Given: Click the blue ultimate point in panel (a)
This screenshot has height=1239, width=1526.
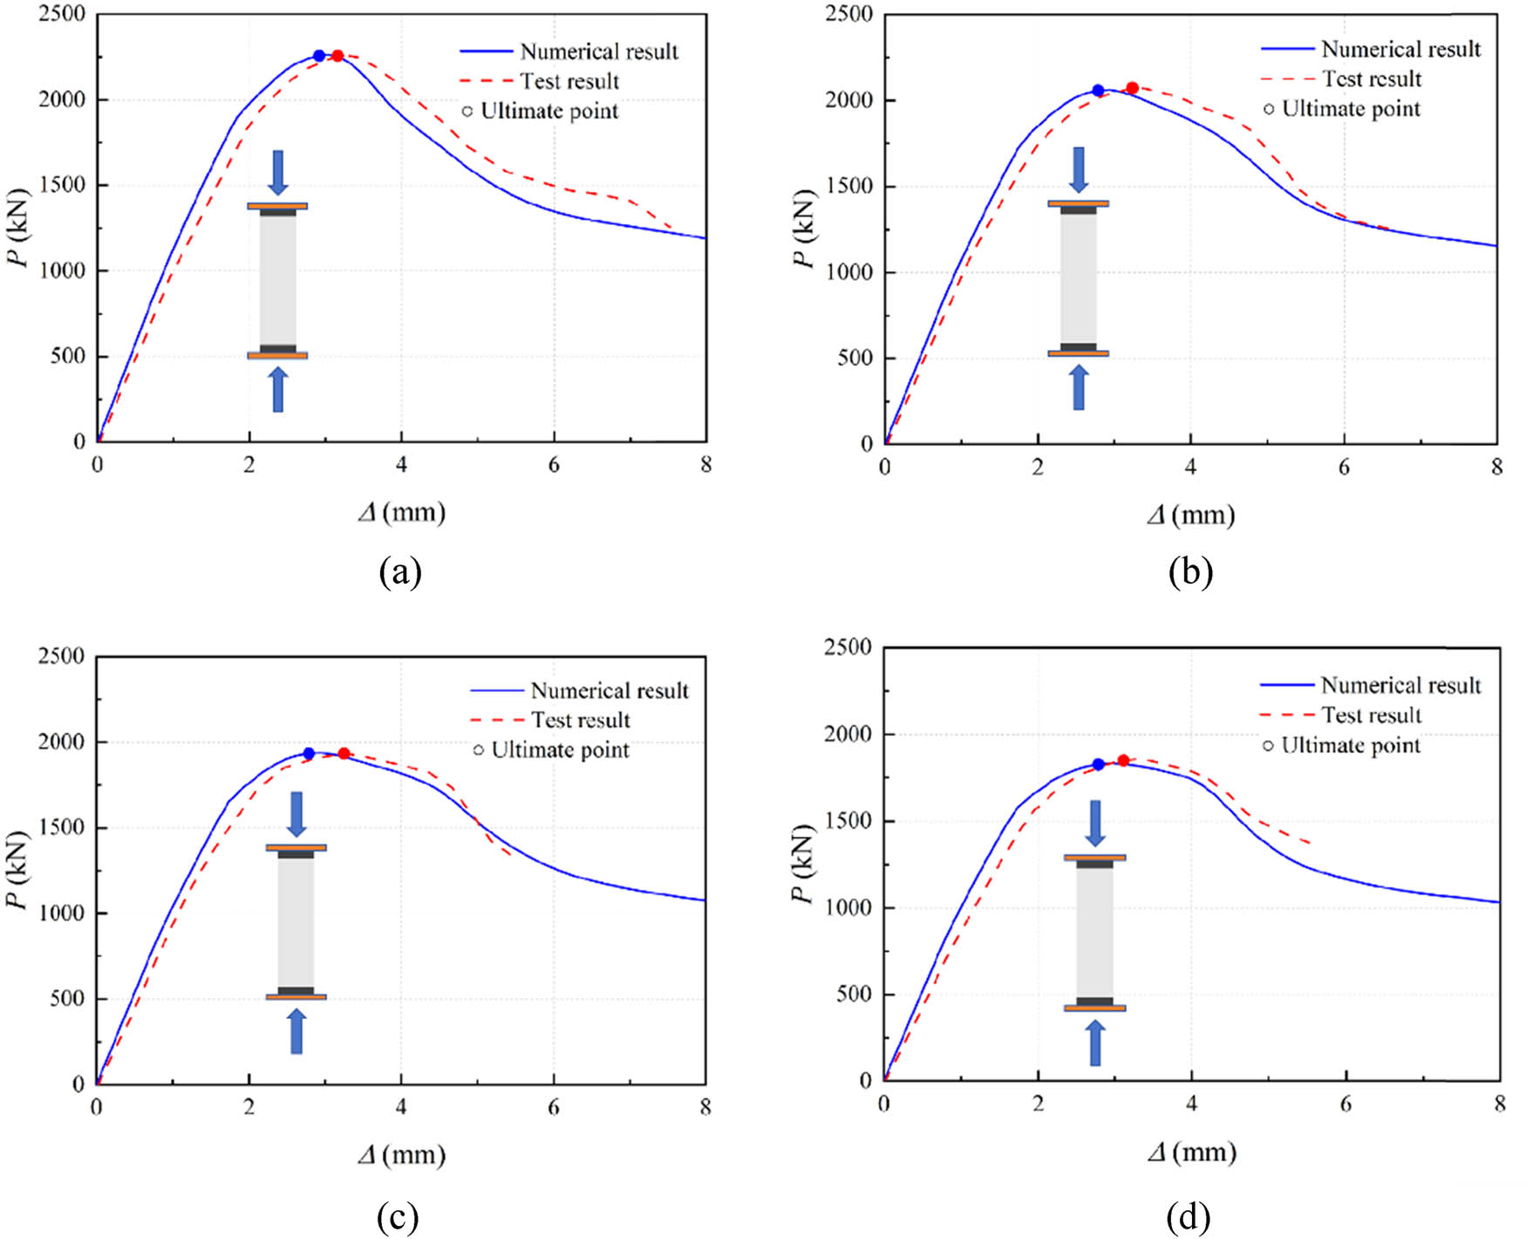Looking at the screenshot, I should click(319, 56).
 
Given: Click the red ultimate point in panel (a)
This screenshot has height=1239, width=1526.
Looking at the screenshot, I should click(337, 56).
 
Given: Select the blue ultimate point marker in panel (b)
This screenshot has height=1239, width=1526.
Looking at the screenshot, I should click(1098, 91).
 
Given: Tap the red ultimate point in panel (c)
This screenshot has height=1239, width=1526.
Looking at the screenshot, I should click(344, 754).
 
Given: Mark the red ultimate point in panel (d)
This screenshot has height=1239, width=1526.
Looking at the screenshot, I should click(1123, 761).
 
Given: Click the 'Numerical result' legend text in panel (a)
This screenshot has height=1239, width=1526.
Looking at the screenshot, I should click(599, 52).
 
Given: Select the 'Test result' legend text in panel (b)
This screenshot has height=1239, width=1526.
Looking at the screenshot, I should click(1372, 79).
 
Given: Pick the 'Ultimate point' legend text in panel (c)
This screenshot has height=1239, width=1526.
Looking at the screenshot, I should click(560, 750).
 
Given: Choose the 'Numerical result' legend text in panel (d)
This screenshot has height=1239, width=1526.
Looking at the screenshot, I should click(1400, 686).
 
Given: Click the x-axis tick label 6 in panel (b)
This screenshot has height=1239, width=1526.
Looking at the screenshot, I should click(1344, 468).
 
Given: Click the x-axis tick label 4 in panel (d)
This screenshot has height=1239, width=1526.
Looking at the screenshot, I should click(1191, 1105).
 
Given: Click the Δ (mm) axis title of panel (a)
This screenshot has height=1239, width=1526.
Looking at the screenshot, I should click(402, 512).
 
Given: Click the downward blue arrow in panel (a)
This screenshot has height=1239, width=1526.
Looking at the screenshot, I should click(278, 172).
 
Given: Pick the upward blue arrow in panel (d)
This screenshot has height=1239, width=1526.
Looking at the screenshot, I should click(1095, 1044).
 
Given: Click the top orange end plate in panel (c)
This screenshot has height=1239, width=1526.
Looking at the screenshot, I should click(296, 847).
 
